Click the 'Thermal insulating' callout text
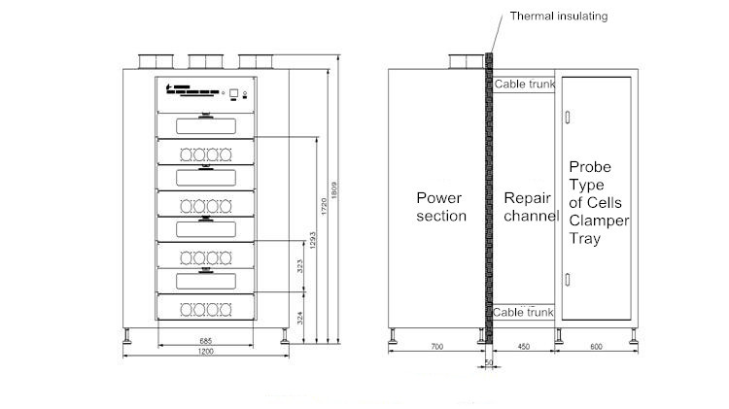(x=559, y=17)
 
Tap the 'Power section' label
(x=441, y=207)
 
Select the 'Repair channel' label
(x=531, y=207)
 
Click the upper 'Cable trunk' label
(x=525, y=85)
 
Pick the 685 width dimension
(x=206, y=341)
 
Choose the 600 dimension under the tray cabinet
(x=595, y=346)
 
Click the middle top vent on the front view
(x=205, y=62)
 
